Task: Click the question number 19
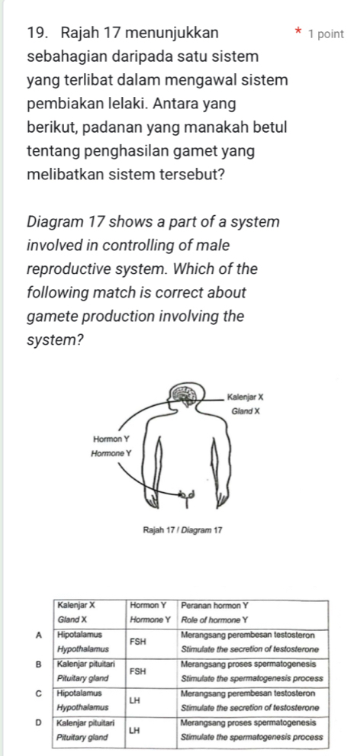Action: click(x=39, y=34)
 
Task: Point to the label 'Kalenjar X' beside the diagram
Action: click(x=244, y=396)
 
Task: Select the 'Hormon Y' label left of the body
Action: click(x=112, y=440)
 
